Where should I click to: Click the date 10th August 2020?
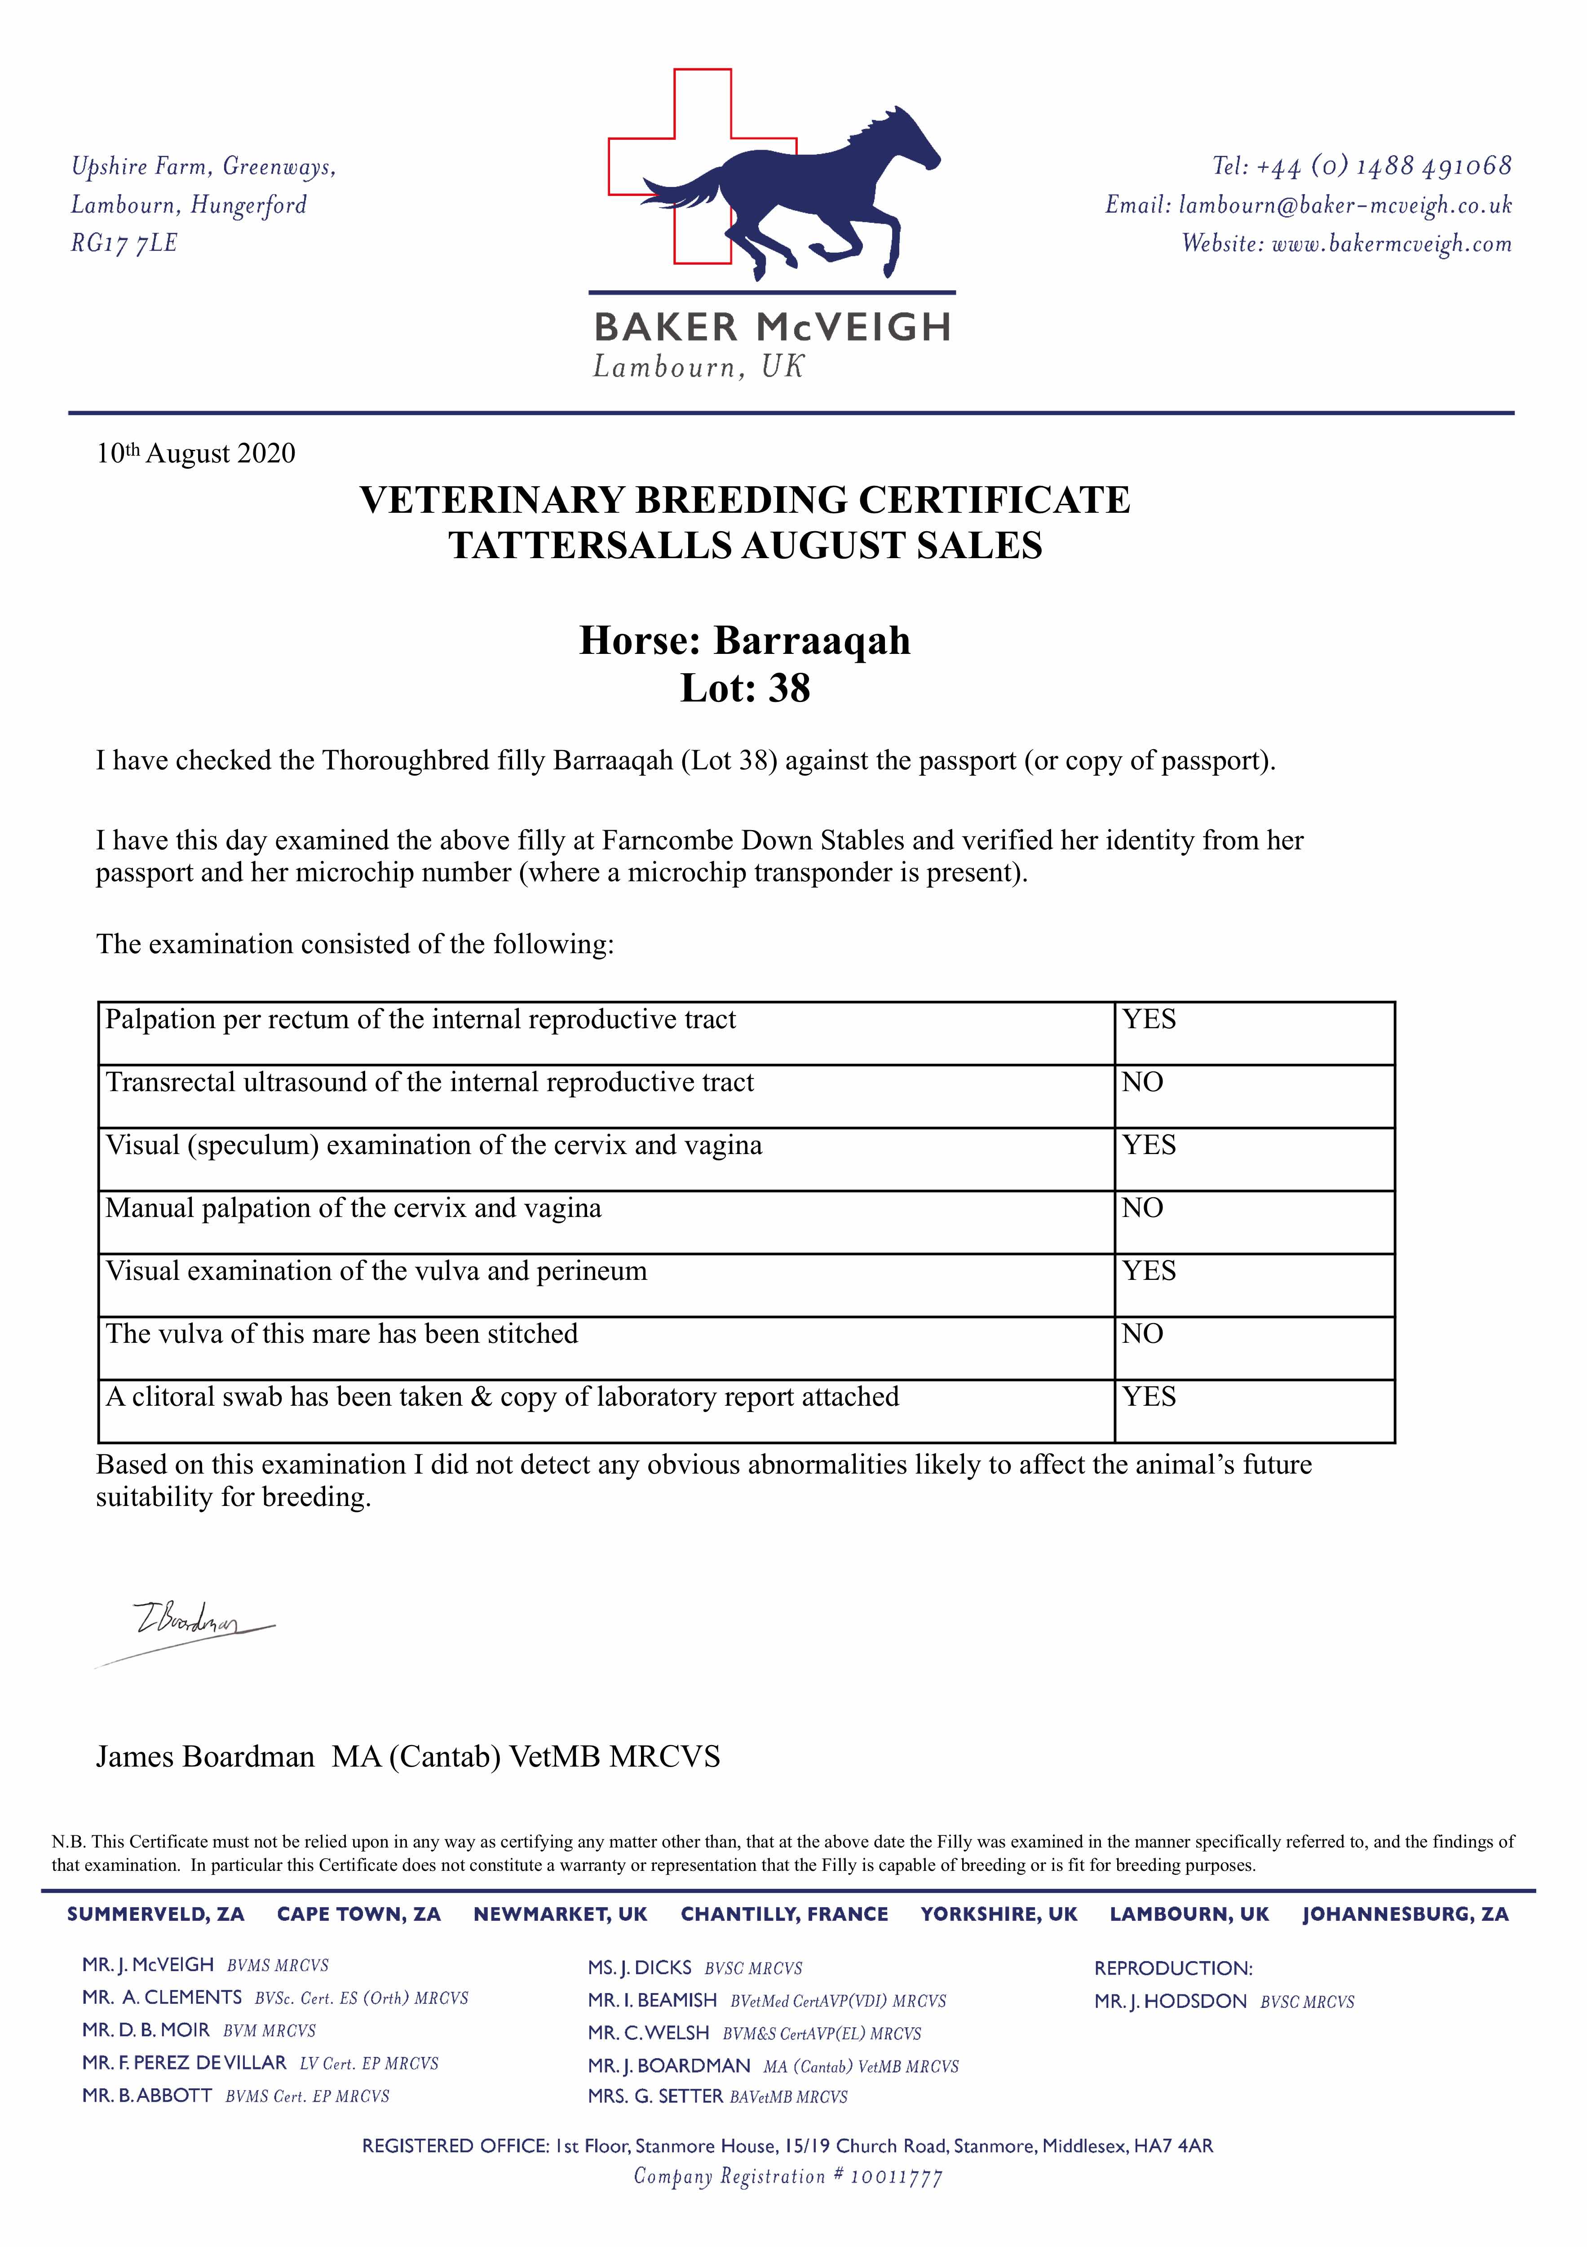click(196, 454)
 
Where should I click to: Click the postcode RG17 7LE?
click(124, 244)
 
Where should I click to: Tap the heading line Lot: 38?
click(746, 689)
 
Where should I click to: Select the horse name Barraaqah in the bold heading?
click(812, 641)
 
